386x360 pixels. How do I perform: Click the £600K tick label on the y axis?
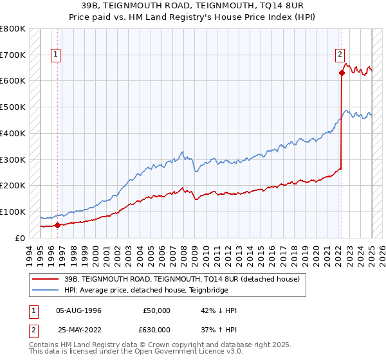[x=13, y=81]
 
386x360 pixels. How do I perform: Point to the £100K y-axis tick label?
[x=13, y=212]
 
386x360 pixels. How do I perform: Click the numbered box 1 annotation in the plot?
[x=57, y=55]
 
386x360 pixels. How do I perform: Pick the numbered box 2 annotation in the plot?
[x=340, y=55]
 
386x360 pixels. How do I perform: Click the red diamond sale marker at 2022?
[x=342, y=73]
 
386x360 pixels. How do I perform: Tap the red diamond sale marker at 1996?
[x=57, y=225]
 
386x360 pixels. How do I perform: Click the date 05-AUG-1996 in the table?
[x=78, y=310]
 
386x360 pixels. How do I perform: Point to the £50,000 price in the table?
[x=156, y=310]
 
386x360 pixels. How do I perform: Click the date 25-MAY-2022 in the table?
[x=78, y=331]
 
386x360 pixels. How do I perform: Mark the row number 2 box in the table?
[x=32, y=331]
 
